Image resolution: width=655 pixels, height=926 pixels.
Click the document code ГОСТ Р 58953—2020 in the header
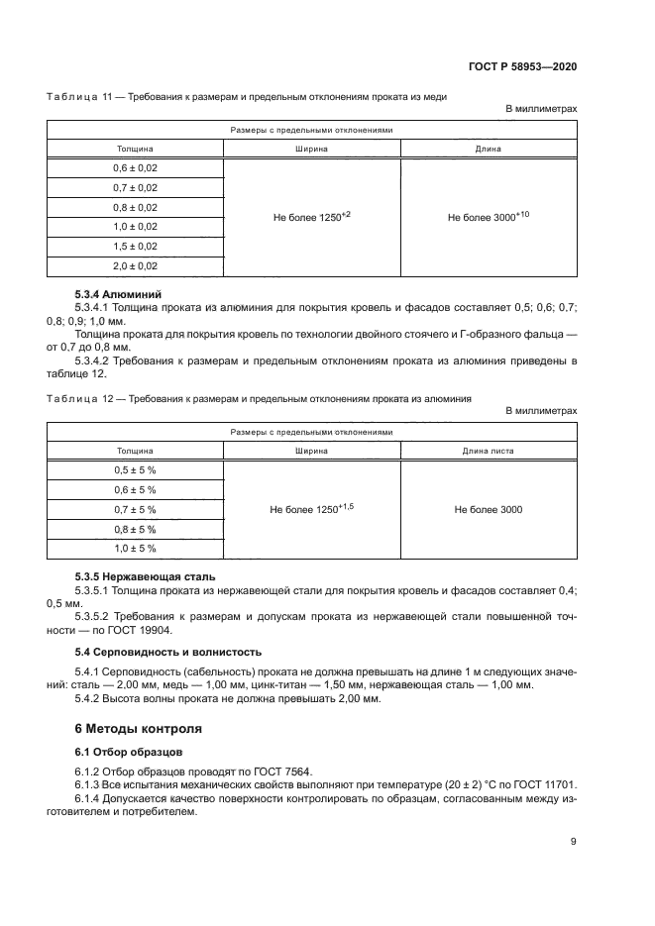click(522, 65)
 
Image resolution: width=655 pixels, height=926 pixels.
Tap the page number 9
click(573, 842)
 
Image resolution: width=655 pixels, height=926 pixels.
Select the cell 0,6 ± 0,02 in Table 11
click(135, 168)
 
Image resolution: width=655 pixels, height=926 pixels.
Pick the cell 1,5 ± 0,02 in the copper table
click(135, 246)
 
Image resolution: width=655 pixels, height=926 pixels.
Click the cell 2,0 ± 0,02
click(135, 265)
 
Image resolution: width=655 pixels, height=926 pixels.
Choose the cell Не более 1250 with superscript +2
click(312, 216)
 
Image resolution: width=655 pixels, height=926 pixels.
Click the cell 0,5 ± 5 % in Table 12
click(135, 470)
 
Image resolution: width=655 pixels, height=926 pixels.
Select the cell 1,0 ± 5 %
click(135, 548)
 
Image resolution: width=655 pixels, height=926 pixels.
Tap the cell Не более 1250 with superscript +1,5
click(312, 509)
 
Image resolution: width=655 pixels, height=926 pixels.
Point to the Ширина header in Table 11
click(312, 150)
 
